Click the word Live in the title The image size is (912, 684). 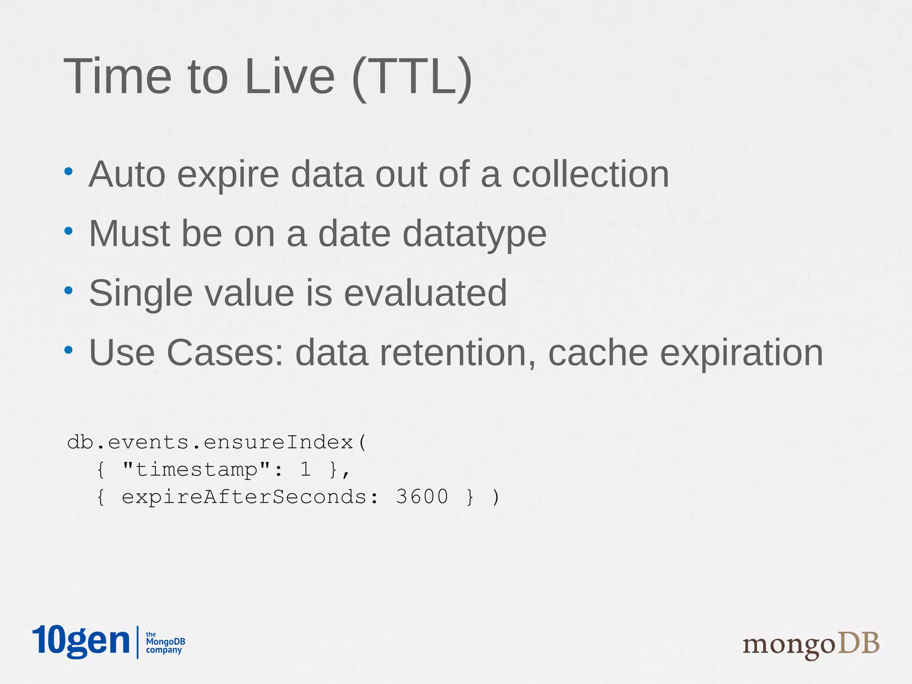[289, 77]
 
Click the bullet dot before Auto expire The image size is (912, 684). [68, 171]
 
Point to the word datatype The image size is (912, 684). [474, 234]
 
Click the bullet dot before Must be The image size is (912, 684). [68, 231]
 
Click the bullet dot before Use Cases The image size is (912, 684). [68, 350]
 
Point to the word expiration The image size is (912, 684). [741, 353]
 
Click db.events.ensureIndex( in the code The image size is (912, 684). [216, 442]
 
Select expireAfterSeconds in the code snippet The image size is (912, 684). [244, 497]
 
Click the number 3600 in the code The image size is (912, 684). [422, 497]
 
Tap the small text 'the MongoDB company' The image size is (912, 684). [165, 642]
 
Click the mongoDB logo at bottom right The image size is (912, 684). [810, 644]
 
